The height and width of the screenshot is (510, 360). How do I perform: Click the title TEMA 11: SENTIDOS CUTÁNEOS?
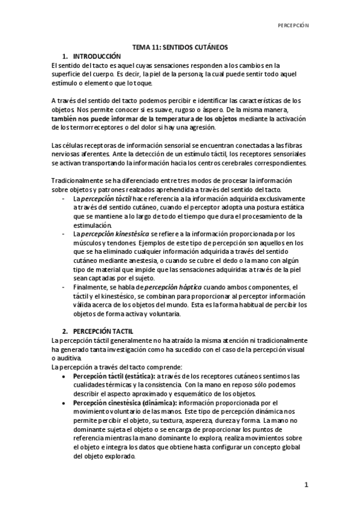pyautogui.click(x=180, y=48)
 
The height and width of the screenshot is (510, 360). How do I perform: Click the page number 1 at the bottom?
pyautogui.click(x=306, y=485)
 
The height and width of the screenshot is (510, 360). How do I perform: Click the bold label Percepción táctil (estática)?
pyautogui.click(x=114, y=376)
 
